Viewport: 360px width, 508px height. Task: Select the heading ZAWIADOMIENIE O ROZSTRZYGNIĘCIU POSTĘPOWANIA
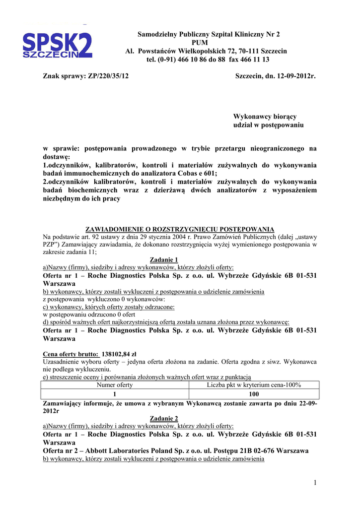click(x=180, y=229)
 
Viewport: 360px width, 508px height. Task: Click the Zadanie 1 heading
click(x=163, y=259)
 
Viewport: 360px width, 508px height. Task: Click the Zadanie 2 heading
click(x=163, y=418)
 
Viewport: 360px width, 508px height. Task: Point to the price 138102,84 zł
click(x=122, y=354)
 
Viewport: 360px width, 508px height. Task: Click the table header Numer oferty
click(x=114, y=385)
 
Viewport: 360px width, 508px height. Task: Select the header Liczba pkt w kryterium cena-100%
click(x=254, y=385)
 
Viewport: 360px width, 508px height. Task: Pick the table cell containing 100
click(x=254, y=394)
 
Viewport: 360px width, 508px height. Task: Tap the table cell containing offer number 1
click(x=114, y=394)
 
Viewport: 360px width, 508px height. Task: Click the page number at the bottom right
click(x=315, y=483)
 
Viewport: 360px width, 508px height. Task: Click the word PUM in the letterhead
click(x=209, y=43)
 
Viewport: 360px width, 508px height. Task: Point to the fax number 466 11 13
click(x=253, y=60)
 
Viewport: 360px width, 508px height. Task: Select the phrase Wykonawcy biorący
click(x=265, y=117)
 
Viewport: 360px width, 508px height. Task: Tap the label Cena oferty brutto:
click(x=71, y=354)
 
